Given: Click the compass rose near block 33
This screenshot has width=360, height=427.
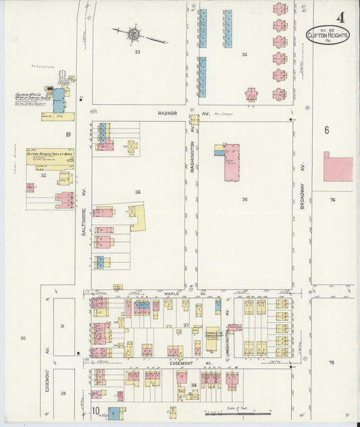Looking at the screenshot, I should [x=134, y=32].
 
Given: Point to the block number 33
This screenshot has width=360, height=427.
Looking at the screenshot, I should [x=137, y=52].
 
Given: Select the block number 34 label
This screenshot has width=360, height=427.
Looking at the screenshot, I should [x=244, y=55].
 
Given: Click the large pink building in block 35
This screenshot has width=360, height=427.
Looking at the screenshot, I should [x=232, y=161].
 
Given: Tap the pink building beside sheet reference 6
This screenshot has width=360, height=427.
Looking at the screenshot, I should [x=338, y=168].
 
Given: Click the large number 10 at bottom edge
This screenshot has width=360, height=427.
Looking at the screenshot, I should [x=97, y=411].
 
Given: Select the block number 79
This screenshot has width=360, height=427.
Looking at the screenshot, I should [x=332, y=363].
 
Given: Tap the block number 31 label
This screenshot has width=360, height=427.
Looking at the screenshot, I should [x=63, y=326].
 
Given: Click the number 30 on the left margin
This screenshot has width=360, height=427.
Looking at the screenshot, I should [x=22, y=338].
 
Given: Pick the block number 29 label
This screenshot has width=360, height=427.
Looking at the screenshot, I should [x=63, y=393].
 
